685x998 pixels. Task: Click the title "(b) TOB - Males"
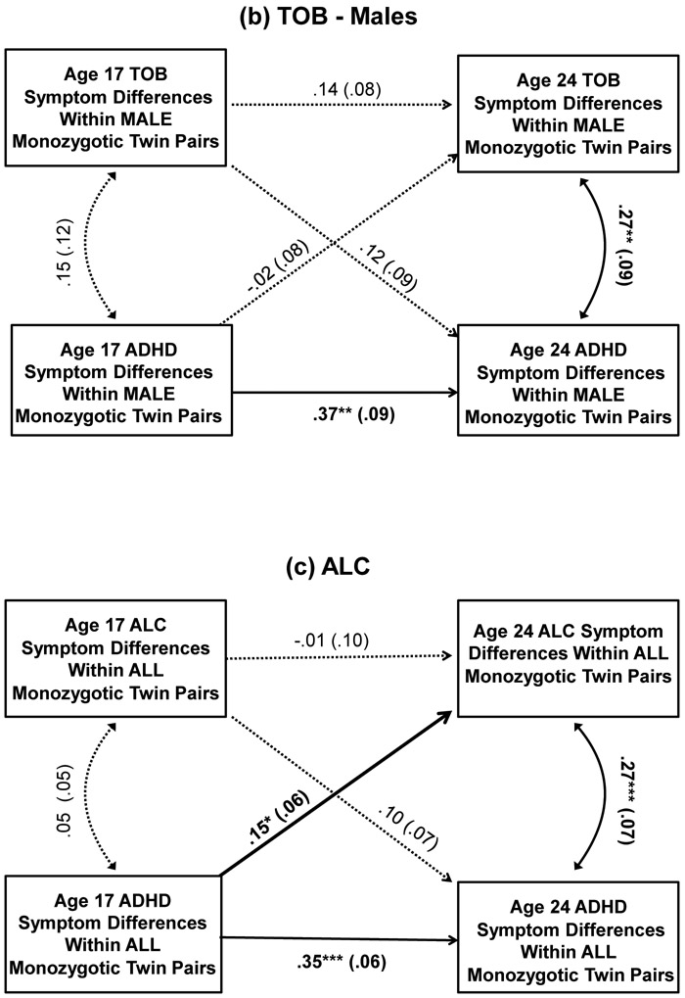point(342,17)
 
